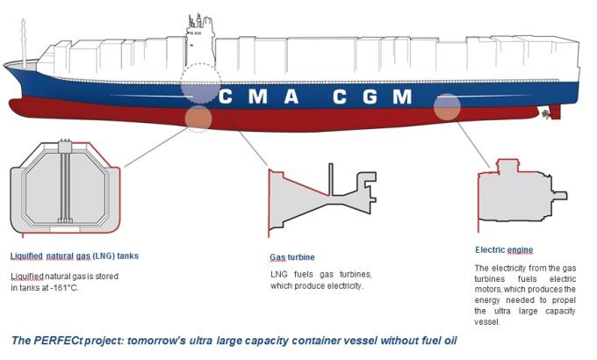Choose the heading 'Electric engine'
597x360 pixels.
point(504,249)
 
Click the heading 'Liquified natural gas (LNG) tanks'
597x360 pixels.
point(75,256)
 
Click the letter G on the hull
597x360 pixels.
point(368,96)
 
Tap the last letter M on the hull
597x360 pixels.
point(402,96)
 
